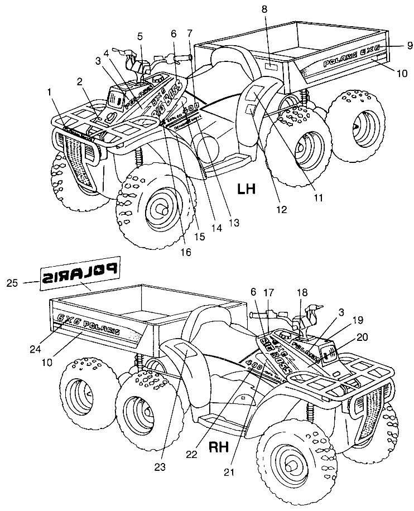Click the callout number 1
coord(51,90)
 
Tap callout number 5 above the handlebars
coord(141,37)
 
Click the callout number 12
coord(281,209)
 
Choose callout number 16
coord(185,252)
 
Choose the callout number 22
coord(192,455)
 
